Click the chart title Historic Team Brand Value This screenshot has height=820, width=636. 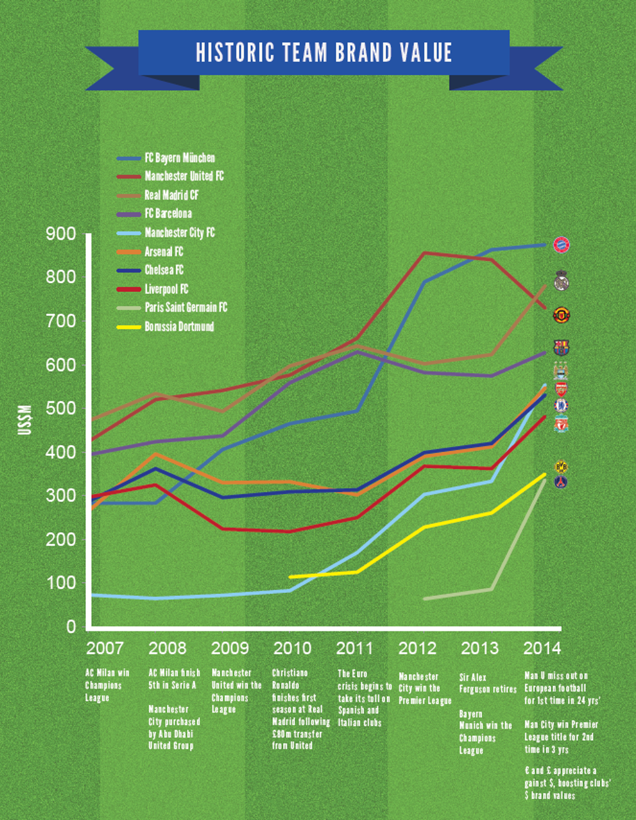[x=324, y=53]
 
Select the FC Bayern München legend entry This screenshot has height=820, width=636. [x=179, y=158]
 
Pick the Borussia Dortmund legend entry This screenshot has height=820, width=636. [x=179, y=327]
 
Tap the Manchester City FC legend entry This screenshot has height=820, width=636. [x=179, y=233]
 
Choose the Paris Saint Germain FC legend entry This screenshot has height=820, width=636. [x=186, y=307]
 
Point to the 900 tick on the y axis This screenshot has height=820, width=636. [x=61, y=234]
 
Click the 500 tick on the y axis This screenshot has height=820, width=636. [x=61, y=408]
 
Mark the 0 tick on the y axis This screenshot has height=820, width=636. [x=71, y=627]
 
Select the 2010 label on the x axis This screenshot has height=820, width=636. [x=292, y=649]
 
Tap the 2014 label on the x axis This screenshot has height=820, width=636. [x=542, y=649]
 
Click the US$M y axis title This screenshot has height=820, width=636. [x=24, y=420]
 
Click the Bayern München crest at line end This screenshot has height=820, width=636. [x=561, y=245]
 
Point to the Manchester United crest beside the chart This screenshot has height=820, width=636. [x=561, y=315]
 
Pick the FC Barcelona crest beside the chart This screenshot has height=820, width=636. [x=561, y=348]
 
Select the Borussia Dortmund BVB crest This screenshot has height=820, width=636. [x=561, y=466]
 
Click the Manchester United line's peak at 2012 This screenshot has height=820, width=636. [x=424, y=253]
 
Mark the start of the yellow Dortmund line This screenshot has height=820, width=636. [x=290, y=577]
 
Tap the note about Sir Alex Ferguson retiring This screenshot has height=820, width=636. [x=488, y=683]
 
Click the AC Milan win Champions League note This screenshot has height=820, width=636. [x=107, y=685]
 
